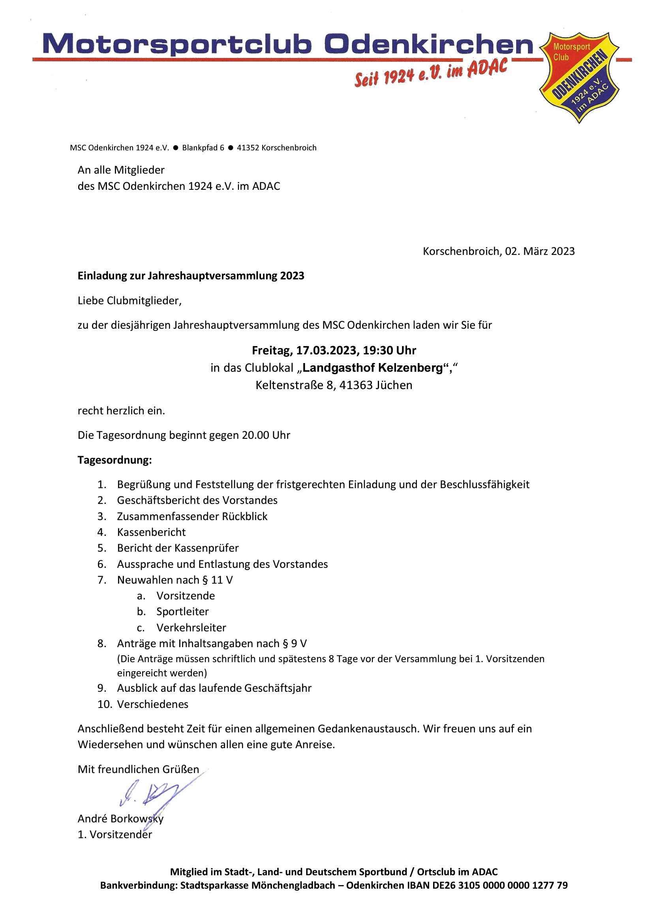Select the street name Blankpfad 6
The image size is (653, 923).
click(203, 148)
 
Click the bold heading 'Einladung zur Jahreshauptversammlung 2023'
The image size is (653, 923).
click(191, 276)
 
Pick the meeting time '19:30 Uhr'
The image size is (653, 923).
click(389, 350)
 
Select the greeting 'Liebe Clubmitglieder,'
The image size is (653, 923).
click(129, 301)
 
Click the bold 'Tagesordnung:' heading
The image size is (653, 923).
click(114, 460)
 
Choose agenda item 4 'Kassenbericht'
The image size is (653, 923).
click(151, 532)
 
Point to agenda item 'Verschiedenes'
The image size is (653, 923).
click(152, 704)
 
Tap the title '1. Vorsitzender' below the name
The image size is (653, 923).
click(114, 835)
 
